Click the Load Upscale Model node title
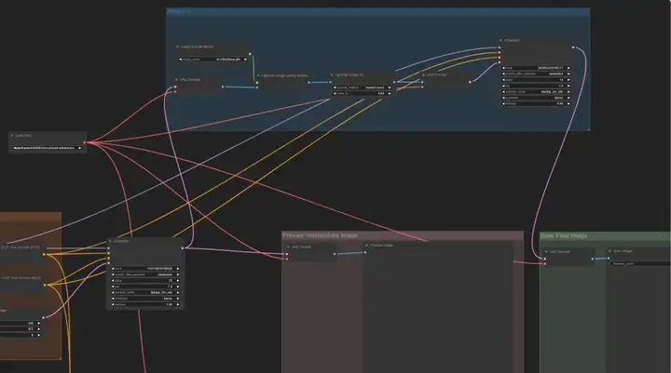[x=197, y=46]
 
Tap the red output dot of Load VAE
[x=81, y=146]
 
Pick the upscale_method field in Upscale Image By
[x=359, y=87]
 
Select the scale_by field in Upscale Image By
[x=359, y=93]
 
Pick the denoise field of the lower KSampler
[x=144, y=305]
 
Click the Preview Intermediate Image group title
[x=321, y=236]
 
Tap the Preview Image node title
[x=381, y=246]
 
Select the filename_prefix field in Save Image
[x=637, y=263]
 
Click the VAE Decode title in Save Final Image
[x=560, y=252]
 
